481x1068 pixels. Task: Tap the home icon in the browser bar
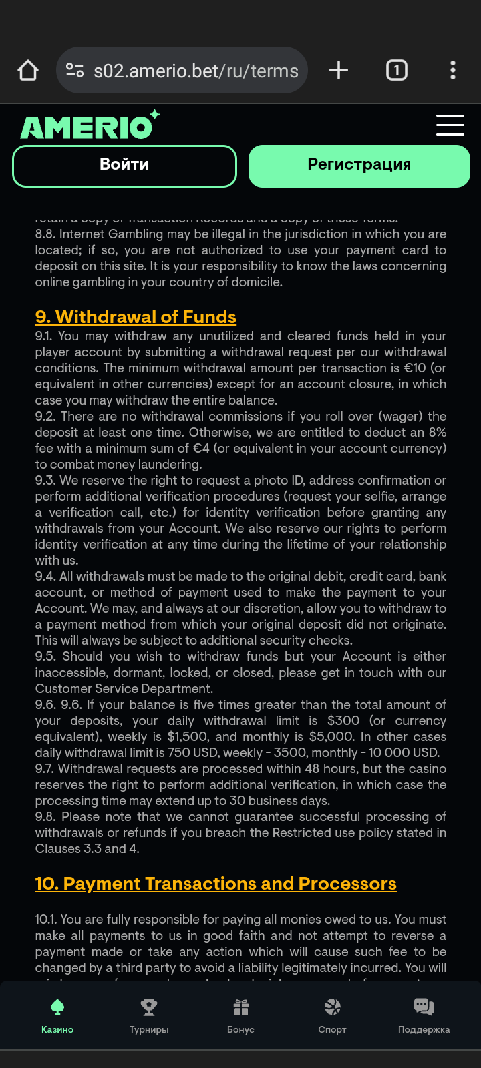pos(28,70)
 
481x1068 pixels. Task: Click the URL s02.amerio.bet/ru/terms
pos(195,71)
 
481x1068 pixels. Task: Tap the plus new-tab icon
pos(339,70)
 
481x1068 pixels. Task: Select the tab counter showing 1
pos(397,70)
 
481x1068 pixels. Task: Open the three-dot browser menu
pos(453,70)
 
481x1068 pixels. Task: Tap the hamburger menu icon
pos(450,125)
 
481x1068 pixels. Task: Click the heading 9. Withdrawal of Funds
pos(136,316)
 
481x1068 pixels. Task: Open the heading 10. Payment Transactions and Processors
pos(216,883)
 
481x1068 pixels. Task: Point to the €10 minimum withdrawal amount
pos(415,368)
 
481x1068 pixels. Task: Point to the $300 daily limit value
pos(343,721)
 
